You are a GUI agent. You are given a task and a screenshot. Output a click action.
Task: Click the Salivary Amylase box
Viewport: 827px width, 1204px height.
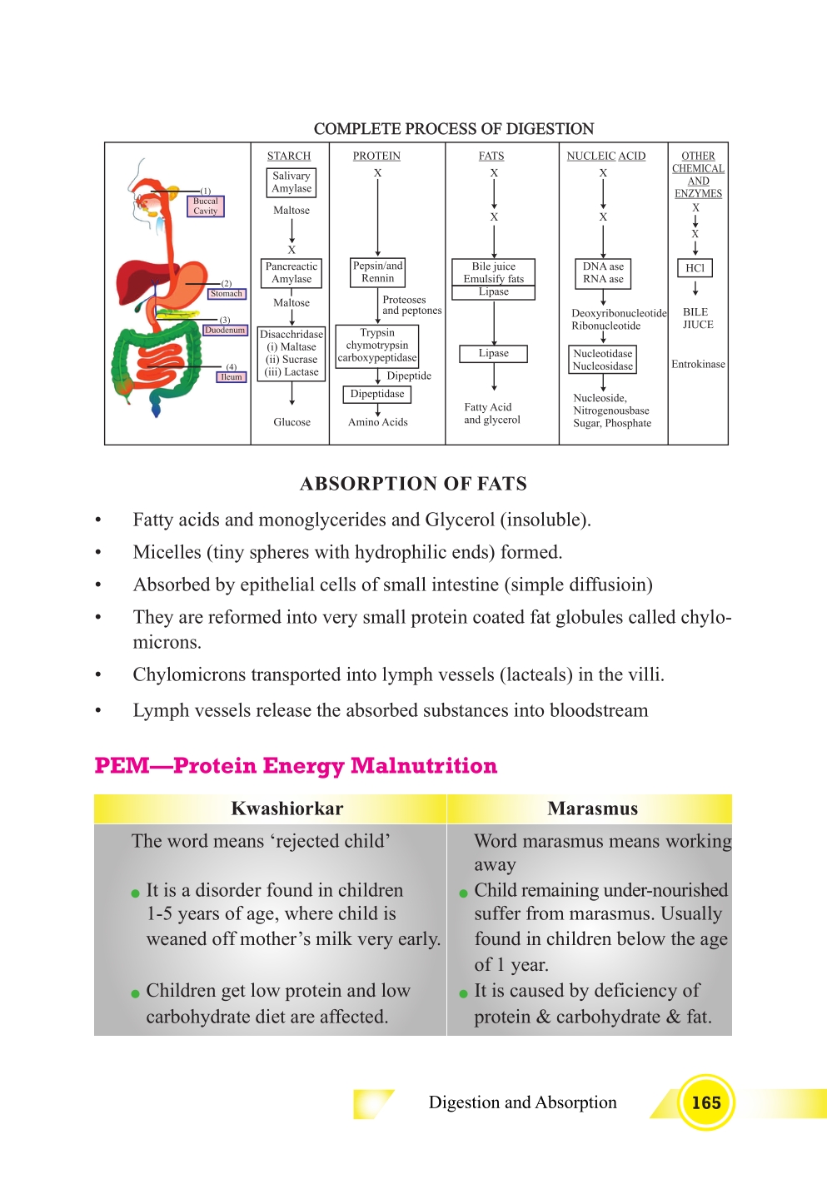291,182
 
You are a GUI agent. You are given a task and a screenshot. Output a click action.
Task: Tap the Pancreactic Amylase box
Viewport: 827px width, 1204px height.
291,273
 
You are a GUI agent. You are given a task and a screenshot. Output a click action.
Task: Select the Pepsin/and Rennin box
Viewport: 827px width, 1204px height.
377,272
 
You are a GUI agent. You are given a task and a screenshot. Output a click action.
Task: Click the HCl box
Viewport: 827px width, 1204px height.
695,268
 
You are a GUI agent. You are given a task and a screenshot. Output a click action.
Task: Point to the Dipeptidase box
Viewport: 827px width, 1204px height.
377,394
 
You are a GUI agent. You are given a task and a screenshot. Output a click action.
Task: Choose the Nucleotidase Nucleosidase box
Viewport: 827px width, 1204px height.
603,360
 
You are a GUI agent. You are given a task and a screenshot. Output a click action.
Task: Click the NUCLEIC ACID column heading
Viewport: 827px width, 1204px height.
605,156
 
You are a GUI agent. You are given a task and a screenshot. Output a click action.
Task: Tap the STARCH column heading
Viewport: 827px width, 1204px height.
288,156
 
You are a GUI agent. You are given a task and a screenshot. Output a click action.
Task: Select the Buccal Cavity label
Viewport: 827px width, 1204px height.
205,206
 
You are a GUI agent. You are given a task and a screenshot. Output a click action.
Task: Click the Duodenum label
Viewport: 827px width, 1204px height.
225,330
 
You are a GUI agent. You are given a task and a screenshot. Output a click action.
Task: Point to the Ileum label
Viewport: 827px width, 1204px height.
232,377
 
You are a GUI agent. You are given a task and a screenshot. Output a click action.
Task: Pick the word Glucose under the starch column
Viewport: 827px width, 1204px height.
291,422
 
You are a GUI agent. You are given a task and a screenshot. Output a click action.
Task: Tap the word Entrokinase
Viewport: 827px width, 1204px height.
698,364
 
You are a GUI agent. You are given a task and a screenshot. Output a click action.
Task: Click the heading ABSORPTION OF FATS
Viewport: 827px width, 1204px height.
413,484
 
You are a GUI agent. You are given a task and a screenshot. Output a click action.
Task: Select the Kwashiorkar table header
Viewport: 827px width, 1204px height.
286,808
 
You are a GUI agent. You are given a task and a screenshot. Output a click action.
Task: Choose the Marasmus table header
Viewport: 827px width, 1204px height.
592,808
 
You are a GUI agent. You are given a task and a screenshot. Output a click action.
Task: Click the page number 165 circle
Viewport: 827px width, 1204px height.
705,1102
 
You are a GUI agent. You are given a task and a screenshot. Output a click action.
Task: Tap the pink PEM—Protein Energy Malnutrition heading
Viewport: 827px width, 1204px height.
296,765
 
